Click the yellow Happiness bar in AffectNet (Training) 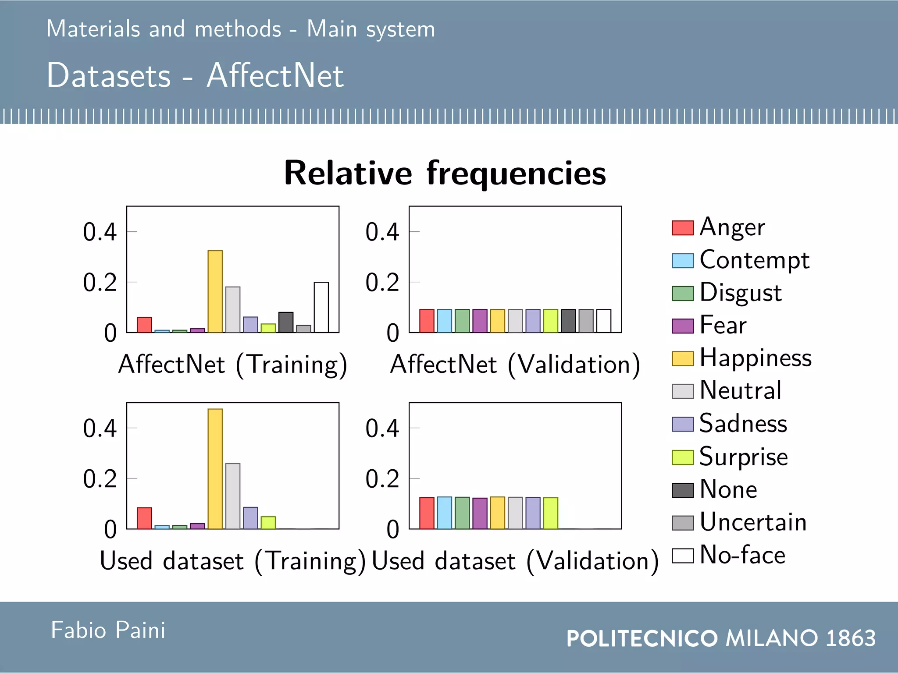pos(215,291)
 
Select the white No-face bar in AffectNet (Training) pos(321,307)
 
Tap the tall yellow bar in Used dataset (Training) pos(215,469)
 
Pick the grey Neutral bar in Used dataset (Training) pos(233,496)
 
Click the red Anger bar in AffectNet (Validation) pos(427,321)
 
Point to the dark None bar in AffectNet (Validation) pos(568,321)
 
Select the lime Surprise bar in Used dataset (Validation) pos(550,513)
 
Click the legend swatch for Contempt pos(682,261)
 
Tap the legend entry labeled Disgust pos(740,293)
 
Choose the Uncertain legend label pos(753,522)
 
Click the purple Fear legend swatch pos(682,326)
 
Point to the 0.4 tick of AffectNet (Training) pos(100,232)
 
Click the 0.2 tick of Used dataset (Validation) pos(382,479)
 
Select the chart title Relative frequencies pos(445,173)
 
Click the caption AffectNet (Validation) pos(515,365)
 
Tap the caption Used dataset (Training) pos(232,561)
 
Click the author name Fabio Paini pos(108,630)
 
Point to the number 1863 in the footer pos(850,638)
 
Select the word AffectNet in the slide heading pos(275,75)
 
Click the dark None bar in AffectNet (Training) pos(285,322)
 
